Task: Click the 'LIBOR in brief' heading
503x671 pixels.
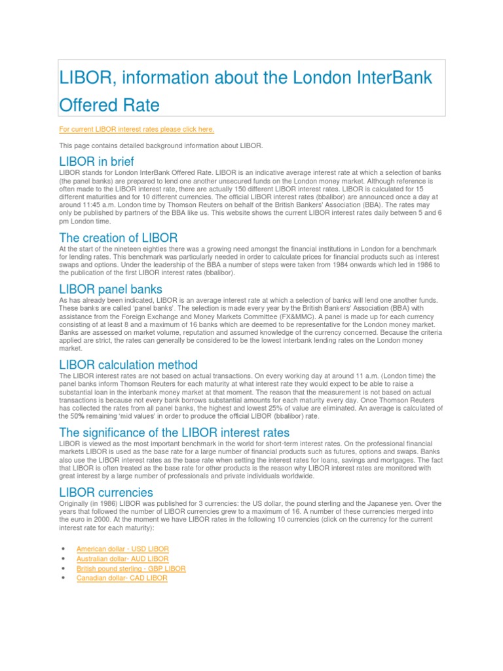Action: point(105,161)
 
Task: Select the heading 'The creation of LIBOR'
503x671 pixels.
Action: point(118,237)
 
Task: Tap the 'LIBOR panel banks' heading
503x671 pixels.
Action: point(111,288)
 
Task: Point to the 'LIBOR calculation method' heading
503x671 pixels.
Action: point(128,364)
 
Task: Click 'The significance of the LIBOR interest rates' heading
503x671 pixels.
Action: point(174,432)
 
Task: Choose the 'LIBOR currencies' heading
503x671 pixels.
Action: point(106,492)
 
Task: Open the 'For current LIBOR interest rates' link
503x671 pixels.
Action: point(136,129)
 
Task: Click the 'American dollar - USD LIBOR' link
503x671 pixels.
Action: point(122,548)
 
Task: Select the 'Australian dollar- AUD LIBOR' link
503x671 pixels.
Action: point(122,558)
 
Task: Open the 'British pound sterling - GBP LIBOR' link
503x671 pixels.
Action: point(131,569)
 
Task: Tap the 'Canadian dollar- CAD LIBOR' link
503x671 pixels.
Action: point(122,579)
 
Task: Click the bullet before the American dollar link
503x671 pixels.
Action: point(62,549)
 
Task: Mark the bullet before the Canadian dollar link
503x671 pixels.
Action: point(62,579)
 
